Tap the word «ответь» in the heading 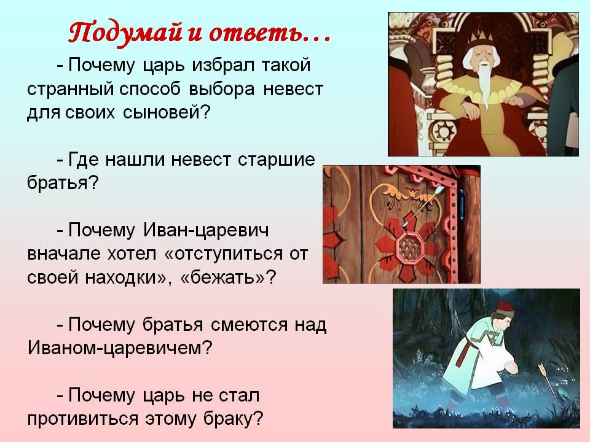256,33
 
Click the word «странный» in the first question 70,90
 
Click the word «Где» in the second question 84,160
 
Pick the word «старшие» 277,160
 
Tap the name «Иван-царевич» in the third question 205,230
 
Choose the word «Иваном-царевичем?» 120,349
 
